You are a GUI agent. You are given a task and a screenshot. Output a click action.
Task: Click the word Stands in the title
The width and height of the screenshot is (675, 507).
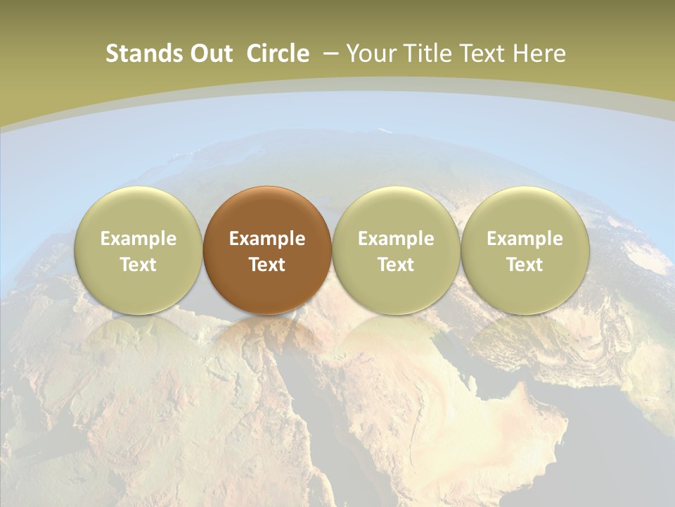[x=138, y=54]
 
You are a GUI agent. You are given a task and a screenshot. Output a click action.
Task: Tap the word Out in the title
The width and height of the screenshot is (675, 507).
[x=210, y=54]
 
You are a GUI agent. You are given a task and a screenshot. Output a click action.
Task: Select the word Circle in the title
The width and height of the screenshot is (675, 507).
[x=278, y=54]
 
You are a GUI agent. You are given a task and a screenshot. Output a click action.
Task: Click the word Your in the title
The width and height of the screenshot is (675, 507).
[x=371, y=54]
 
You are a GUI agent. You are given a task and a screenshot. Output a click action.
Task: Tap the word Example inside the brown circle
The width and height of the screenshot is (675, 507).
[x=267, y=239]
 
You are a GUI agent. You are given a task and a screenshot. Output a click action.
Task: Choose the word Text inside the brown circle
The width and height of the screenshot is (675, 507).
[x=267, y=265]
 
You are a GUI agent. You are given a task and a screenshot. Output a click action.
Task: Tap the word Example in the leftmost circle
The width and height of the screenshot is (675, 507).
[x=138, y=239]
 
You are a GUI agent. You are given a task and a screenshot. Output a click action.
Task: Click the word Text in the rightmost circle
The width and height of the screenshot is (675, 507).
[x=525, y=265]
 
